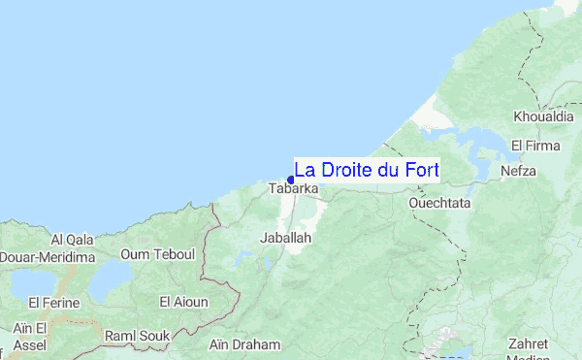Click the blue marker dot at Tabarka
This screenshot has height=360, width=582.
(291, 180)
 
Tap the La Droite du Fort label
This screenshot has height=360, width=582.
(366, 169)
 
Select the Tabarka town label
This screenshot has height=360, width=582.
(293, 188)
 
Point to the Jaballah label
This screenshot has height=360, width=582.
(286, 237)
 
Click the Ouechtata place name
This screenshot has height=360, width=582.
(439, 204)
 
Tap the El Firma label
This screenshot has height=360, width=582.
(535, 146)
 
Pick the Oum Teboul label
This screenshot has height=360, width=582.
(158, 254)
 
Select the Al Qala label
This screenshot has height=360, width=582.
(72, 239)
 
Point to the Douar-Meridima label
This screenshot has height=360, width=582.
(47, 256)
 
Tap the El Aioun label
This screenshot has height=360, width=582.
(183, 302)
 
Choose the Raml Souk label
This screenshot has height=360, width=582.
(137, 335)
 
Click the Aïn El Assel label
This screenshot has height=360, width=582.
(30, 338)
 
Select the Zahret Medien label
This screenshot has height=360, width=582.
(529, 349)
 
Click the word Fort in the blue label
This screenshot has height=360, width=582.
(419, 169)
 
